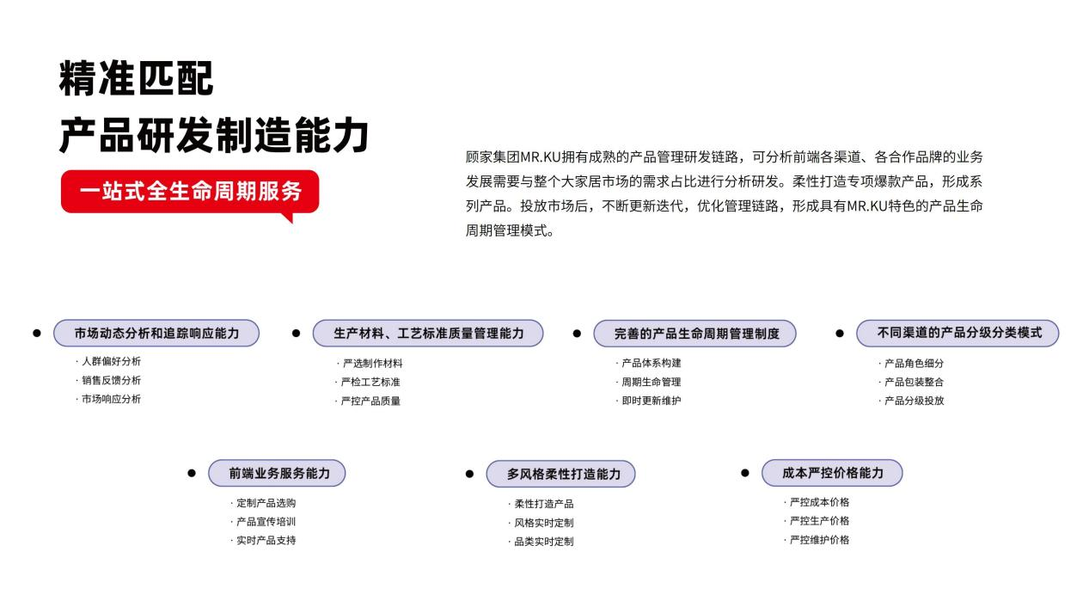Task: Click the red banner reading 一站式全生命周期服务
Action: pos(190,192)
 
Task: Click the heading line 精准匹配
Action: pos(136,78)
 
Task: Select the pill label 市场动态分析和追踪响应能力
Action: pos(156,333)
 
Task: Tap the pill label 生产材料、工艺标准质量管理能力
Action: pos(428,333)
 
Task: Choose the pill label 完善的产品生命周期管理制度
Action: pos(694,334)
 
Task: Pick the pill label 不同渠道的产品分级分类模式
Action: pos(957,333)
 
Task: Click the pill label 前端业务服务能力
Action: pos(277,473)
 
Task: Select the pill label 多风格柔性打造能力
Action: pos(560,474)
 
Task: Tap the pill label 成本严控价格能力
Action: pos(832,473)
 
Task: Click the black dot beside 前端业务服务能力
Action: pos(192,473)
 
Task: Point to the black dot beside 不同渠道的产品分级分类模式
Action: pos(840,334)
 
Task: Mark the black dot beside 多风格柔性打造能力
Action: pos(469,474)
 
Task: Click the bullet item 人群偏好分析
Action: pos(108,361)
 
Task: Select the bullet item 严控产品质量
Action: pos(368,401)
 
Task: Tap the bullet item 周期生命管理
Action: pos(649,382)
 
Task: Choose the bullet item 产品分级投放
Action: pos(912,401)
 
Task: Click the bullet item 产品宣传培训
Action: pos(264,522)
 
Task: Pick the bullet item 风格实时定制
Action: pos(541,523)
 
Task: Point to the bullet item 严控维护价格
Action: pos(817,540)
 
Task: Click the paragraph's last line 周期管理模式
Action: pos(510,230)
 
